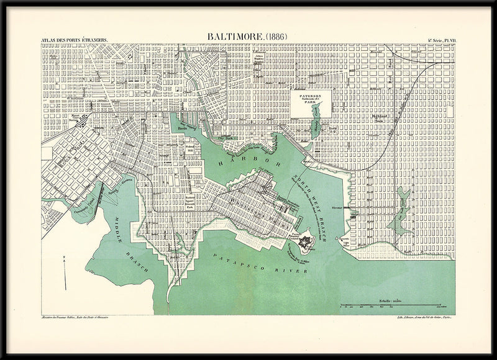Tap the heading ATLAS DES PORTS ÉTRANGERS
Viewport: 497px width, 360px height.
tap(75, 41)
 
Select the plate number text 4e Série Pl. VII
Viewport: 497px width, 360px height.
tap(441, 41)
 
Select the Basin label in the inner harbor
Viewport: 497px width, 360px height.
tap(183, 128)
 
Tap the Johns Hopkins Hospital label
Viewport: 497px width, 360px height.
tap(261, 61)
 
